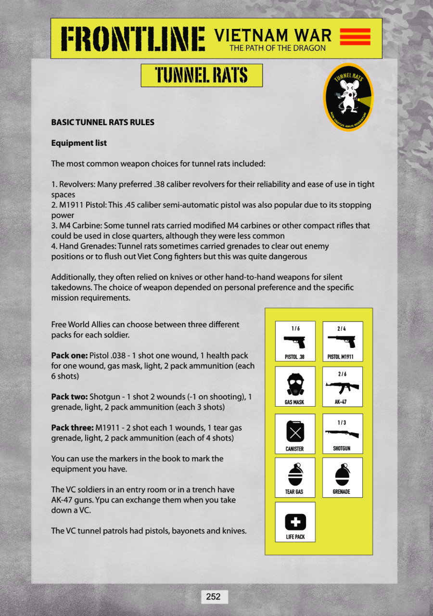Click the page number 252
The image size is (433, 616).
(213, 597)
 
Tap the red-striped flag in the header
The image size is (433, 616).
(355, 37)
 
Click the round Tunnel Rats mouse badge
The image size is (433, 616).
(348, 97)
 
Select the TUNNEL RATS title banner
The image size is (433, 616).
(202, 76)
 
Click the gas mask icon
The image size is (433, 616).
(294, 384)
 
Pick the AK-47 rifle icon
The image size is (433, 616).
(342, 387)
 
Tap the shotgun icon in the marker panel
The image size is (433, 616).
(342, 434)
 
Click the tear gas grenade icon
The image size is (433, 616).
(294, 475)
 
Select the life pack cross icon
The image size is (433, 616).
(295, 521)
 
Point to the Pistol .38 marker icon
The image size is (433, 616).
(295, 342)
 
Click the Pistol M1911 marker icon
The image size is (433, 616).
(342, 342)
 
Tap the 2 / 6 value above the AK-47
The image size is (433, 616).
(342, 374)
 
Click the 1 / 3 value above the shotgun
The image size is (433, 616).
(342, 422)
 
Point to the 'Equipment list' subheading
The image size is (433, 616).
(79, 143)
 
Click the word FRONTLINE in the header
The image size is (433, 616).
(133, 38)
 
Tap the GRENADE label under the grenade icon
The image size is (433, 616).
(342, 492)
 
